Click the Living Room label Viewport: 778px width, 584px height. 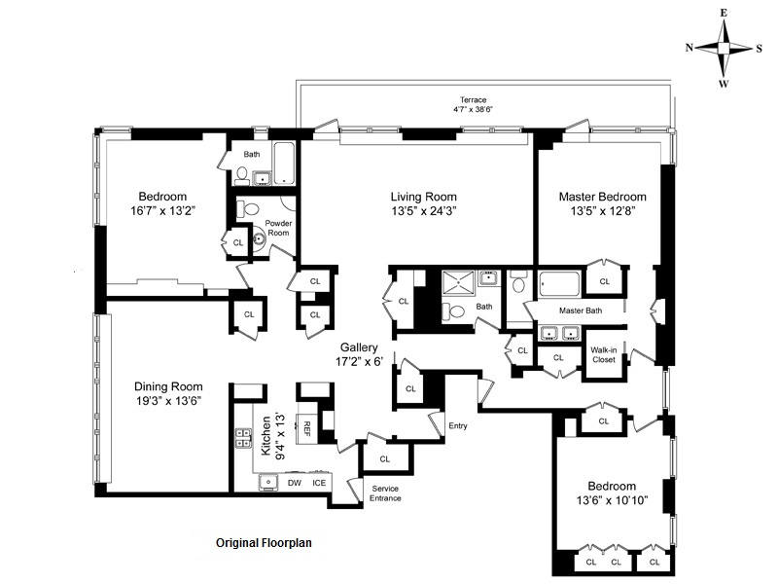click(423, 197)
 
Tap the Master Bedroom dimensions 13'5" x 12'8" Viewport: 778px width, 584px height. click(603, 211)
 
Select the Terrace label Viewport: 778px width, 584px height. click(473, 100)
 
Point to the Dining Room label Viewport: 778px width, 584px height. click(168, 386)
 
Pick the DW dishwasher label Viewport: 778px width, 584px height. click(295, 483)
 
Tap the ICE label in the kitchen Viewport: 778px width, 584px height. click(319, 483)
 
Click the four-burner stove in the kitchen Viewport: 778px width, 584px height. click(243, 439)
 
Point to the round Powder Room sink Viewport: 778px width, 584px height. click(259, 239)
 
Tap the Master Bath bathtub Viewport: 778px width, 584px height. click(560, 284)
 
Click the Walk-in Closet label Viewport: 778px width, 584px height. click(603, 354)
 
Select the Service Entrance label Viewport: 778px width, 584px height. click(385, 493)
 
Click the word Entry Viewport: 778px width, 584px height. click(458, 425)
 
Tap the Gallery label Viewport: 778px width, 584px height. click(359, 347)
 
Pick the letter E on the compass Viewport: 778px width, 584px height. click(724, 14)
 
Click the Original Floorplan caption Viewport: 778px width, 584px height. click(264, 543)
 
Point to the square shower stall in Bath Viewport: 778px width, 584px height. click(459, 283)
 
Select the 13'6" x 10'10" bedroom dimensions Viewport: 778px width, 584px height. click(612, 500)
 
